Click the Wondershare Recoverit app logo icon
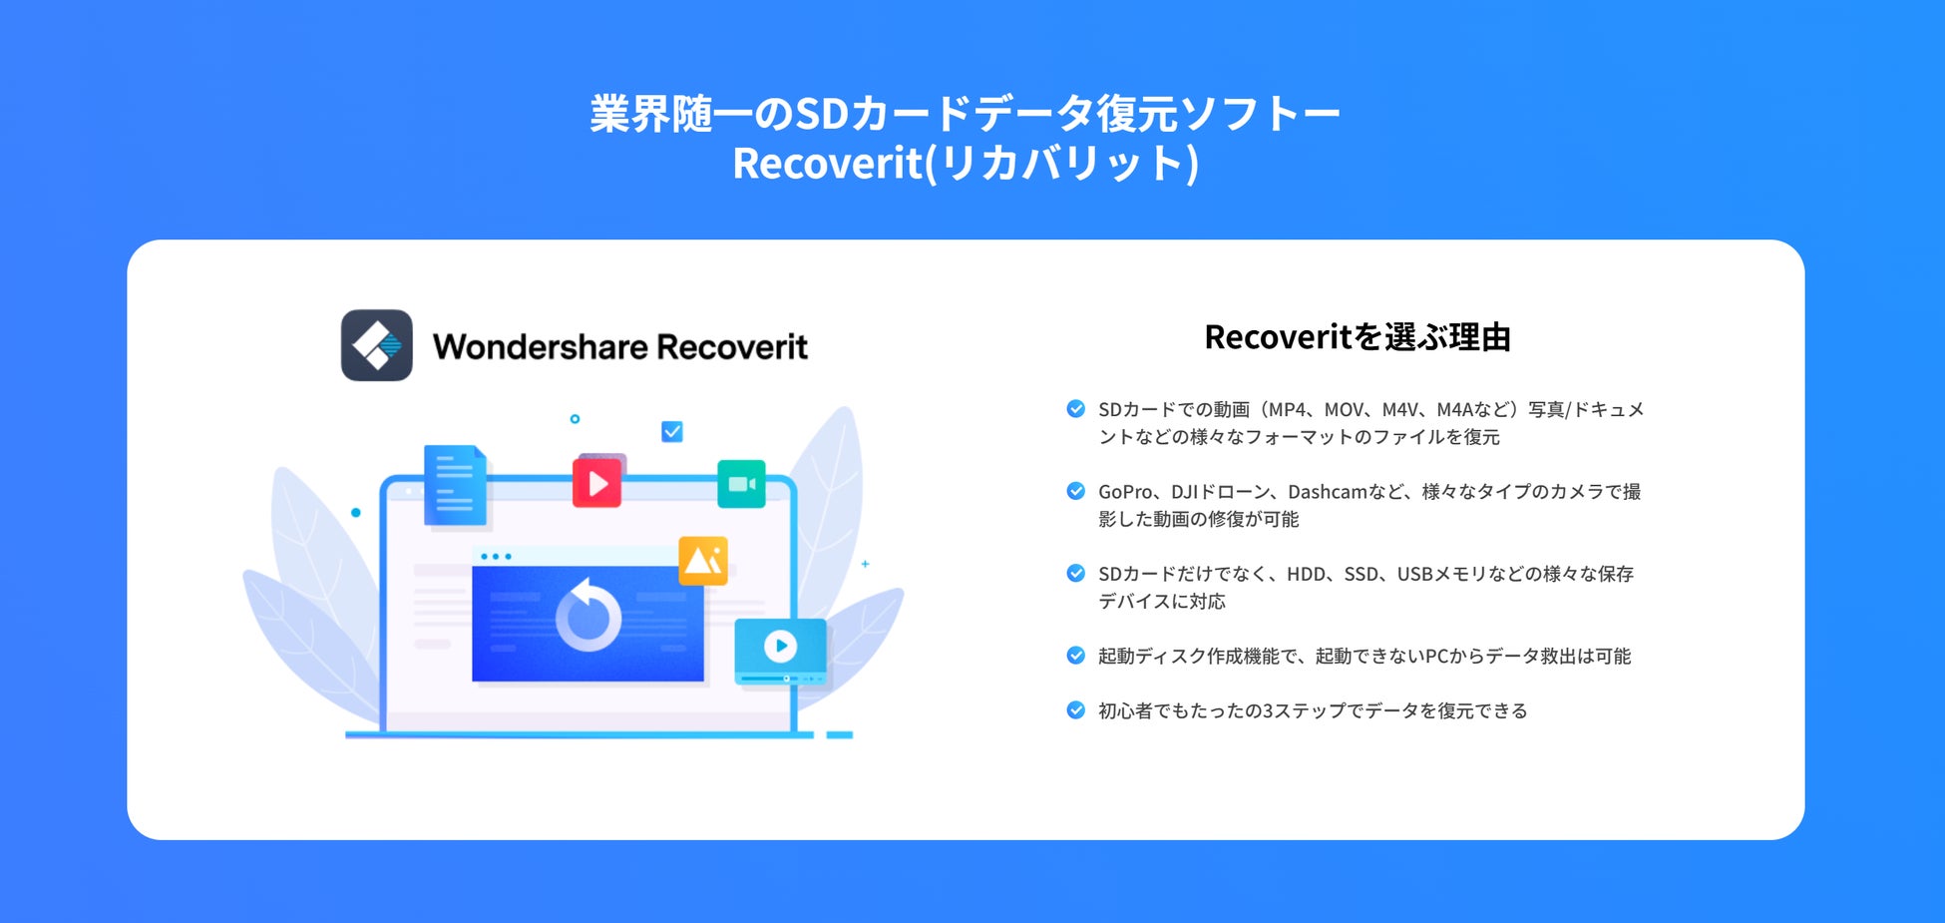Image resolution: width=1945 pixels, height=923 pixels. point(377,345)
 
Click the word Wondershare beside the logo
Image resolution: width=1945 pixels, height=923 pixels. point(540,347)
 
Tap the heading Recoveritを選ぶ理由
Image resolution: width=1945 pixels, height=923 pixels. point(1357,337)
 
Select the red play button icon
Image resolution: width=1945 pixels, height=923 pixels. point(597,483)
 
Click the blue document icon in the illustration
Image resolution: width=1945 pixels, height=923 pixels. point(455,485)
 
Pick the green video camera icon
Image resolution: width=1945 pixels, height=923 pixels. point(741,484)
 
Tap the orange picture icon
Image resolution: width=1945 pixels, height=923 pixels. point(703,561)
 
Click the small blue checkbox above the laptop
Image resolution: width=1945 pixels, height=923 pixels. point(672,431)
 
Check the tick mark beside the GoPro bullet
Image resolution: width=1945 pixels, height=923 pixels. point(1075,491)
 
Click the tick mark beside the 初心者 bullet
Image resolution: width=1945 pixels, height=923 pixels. point(1075,710)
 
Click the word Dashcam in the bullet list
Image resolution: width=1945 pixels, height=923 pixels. point(1327,492)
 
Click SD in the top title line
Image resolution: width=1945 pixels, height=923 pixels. point(821,114)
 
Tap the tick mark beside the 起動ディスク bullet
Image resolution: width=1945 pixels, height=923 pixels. point(1075,656)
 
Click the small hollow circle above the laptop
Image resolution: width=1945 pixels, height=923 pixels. point(575,419)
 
